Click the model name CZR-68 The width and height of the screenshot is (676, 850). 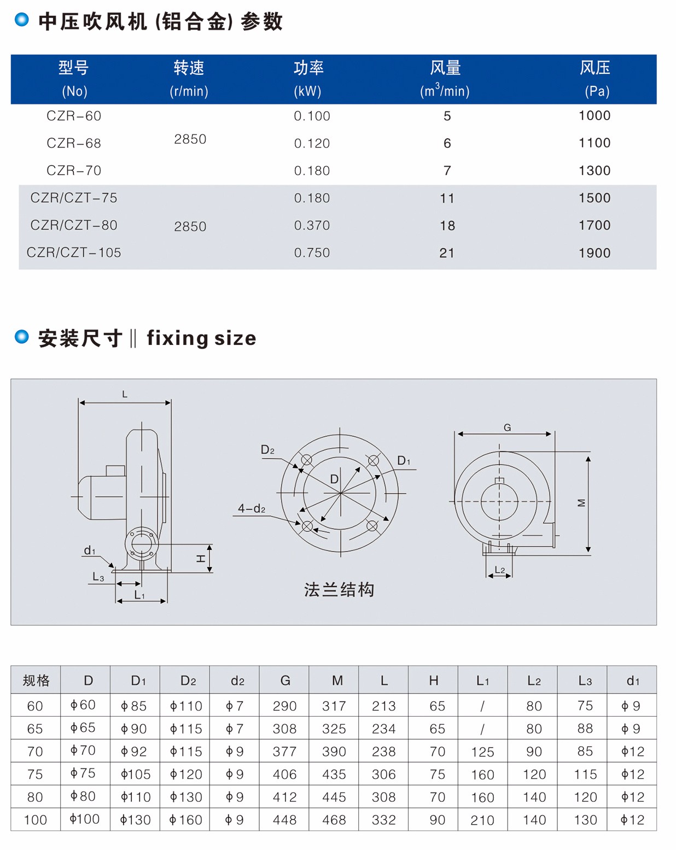click(74, 143)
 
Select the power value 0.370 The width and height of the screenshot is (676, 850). click(312, 225)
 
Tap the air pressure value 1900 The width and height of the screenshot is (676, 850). click(594, 253)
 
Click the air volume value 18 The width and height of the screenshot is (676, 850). click(447, 226)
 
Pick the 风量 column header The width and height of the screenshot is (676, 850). click(445, 68)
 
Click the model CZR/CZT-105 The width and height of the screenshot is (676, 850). click(74, 253)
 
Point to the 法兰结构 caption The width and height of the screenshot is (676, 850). click(339, 590)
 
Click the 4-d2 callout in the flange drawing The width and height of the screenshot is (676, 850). click(251, 509)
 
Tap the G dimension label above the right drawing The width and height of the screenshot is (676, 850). click(507, 427)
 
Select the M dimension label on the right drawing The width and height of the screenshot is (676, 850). click(581, 503)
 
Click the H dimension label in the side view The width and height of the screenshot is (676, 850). click(201, 559)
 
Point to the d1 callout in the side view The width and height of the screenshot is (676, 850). click(89, 550)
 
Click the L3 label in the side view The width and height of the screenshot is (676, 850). click(98, 577)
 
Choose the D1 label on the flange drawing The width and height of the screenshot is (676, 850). click(404, 461)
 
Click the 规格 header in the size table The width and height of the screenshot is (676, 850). click(36, 681)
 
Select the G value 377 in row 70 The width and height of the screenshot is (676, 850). click(284, 752)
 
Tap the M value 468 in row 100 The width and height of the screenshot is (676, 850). click(334, 820)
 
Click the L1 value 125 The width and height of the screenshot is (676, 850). click(482, 752)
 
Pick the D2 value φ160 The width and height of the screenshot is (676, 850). click(186, 820)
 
